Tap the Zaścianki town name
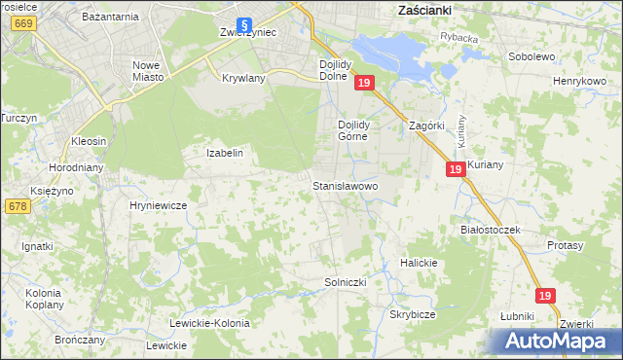point(429,9)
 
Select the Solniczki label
point(344,282)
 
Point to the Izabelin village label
point(224,153)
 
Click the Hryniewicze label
point(158,205)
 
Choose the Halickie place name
point(421,263)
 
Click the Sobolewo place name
point(531,56)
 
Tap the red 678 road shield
point(17,206)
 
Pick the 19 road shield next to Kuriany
point(456,169)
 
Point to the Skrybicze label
point(412,315)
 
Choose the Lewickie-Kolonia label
point(209,323)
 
